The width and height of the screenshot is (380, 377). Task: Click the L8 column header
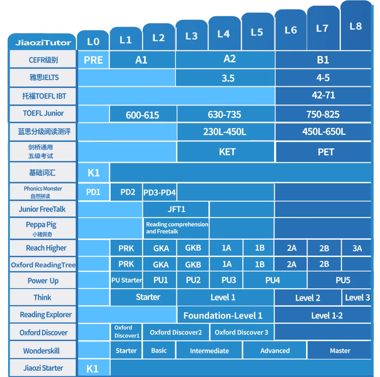pos(356,26)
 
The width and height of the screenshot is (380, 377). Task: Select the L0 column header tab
pos(93,42)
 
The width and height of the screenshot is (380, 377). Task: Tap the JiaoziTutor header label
pos(43,43)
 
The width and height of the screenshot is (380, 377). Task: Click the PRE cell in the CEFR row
pos(93,60)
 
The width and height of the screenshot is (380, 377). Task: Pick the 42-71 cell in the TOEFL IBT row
pos(323,95)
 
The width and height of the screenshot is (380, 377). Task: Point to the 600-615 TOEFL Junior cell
pos(142,115)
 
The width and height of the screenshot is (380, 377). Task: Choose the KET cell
pos(227,152)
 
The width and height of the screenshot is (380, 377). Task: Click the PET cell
pos(325,152)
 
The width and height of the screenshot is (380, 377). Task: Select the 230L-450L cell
pos(224,132)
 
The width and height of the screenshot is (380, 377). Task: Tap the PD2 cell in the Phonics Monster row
pos(127,192)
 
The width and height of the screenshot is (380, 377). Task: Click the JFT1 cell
pos(176,209)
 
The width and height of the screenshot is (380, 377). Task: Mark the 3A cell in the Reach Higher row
pos(357,248)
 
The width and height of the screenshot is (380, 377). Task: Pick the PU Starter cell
pos(127,281)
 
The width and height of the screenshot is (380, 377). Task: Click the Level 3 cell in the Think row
pos(357,297)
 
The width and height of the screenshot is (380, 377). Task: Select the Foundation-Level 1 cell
pos(223,315)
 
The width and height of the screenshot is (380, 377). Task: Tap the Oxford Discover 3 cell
pos(241,332)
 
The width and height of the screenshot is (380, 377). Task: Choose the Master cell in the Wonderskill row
pos(340,351)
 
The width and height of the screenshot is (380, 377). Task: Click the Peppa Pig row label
pos(41,228)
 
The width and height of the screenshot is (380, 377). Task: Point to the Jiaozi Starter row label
pos(43,368)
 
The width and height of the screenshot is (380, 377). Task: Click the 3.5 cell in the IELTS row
pos(228,78)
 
